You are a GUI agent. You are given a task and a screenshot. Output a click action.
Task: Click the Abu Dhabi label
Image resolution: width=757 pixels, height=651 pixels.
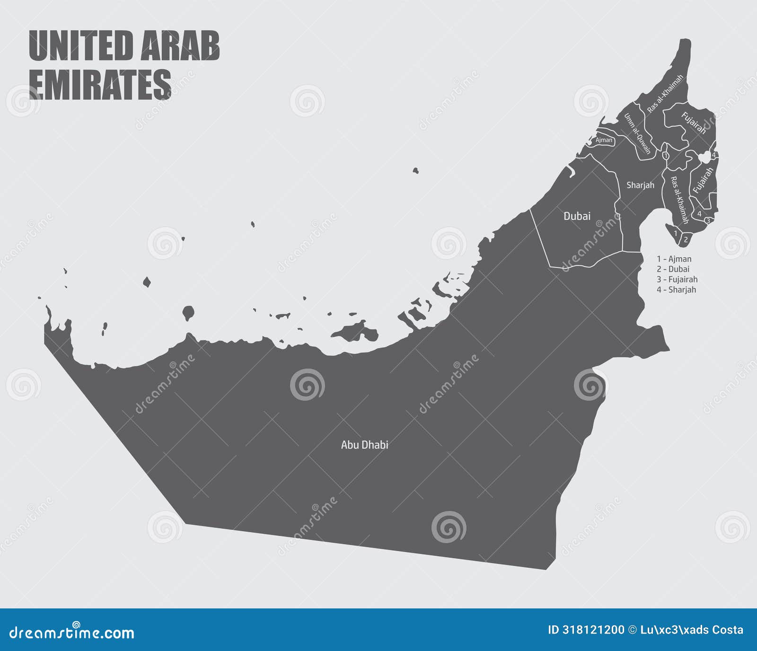[x=364, y=445]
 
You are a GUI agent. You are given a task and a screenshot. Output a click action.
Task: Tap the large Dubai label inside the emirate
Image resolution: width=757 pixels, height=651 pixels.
[x=577, y=216]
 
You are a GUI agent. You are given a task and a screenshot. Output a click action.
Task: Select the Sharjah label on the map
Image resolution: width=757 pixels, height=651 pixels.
[x=640, y=185]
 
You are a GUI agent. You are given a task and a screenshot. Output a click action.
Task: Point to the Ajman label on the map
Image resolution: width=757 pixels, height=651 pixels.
[x=604, y=140]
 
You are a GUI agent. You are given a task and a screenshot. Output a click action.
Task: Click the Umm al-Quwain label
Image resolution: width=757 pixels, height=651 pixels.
[x=637, y=134]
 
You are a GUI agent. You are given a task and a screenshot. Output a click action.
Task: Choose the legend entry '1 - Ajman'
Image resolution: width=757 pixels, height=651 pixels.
[x=674, y=259]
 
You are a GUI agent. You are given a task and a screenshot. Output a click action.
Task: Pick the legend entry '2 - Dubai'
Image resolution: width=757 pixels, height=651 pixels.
[x=673, y=269]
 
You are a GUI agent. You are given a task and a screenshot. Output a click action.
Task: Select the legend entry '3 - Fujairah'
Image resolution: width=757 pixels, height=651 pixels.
[x=677, y=280]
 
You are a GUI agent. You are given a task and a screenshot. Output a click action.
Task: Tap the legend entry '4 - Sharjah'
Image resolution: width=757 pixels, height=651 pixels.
[x=676, y=290]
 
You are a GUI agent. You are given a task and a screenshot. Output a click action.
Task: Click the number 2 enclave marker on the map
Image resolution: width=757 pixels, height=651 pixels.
[x=686, y=240]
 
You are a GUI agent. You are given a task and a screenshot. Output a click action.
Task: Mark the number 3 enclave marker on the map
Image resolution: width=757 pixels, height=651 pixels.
[x=708, y=220]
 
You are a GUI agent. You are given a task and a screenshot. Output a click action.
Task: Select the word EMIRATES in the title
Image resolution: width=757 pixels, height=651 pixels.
[x=100, y=84]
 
